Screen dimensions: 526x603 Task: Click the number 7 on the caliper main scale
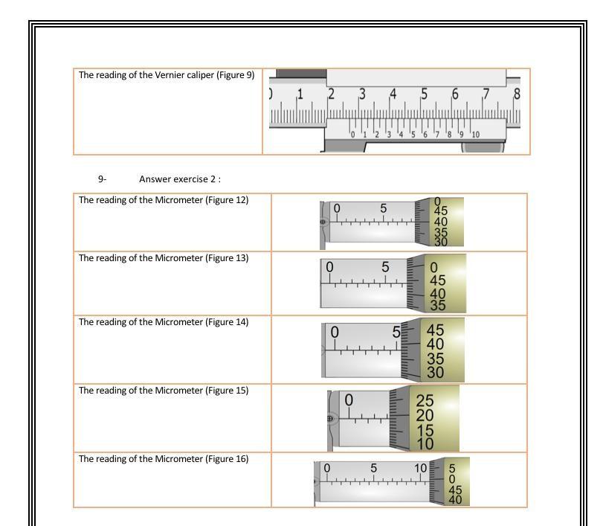click(x=486, y=94)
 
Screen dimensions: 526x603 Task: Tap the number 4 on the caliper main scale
click(x=393, y=94)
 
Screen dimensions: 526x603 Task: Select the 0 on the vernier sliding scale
click(x=352, y=135)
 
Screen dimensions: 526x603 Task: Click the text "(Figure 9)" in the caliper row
click(x=235, y=75)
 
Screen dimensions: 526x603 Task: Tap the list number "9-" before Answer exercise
click(x=103, y=179)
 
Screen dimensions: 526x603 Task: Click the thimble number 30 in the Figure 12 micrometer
click(x=441, y=242)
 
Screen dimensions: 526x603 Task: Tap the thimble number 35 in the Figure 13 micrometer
click(x=437, y=305)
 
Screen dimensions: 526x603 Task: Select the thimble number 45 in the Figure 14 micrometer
click(x=436, y=330)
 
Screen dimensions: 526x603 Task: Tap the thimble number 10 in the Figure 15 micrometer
click(x=425, y=444)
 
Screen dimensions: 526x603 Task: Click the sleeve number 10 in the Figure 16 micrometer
click(x=421, y=468)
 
